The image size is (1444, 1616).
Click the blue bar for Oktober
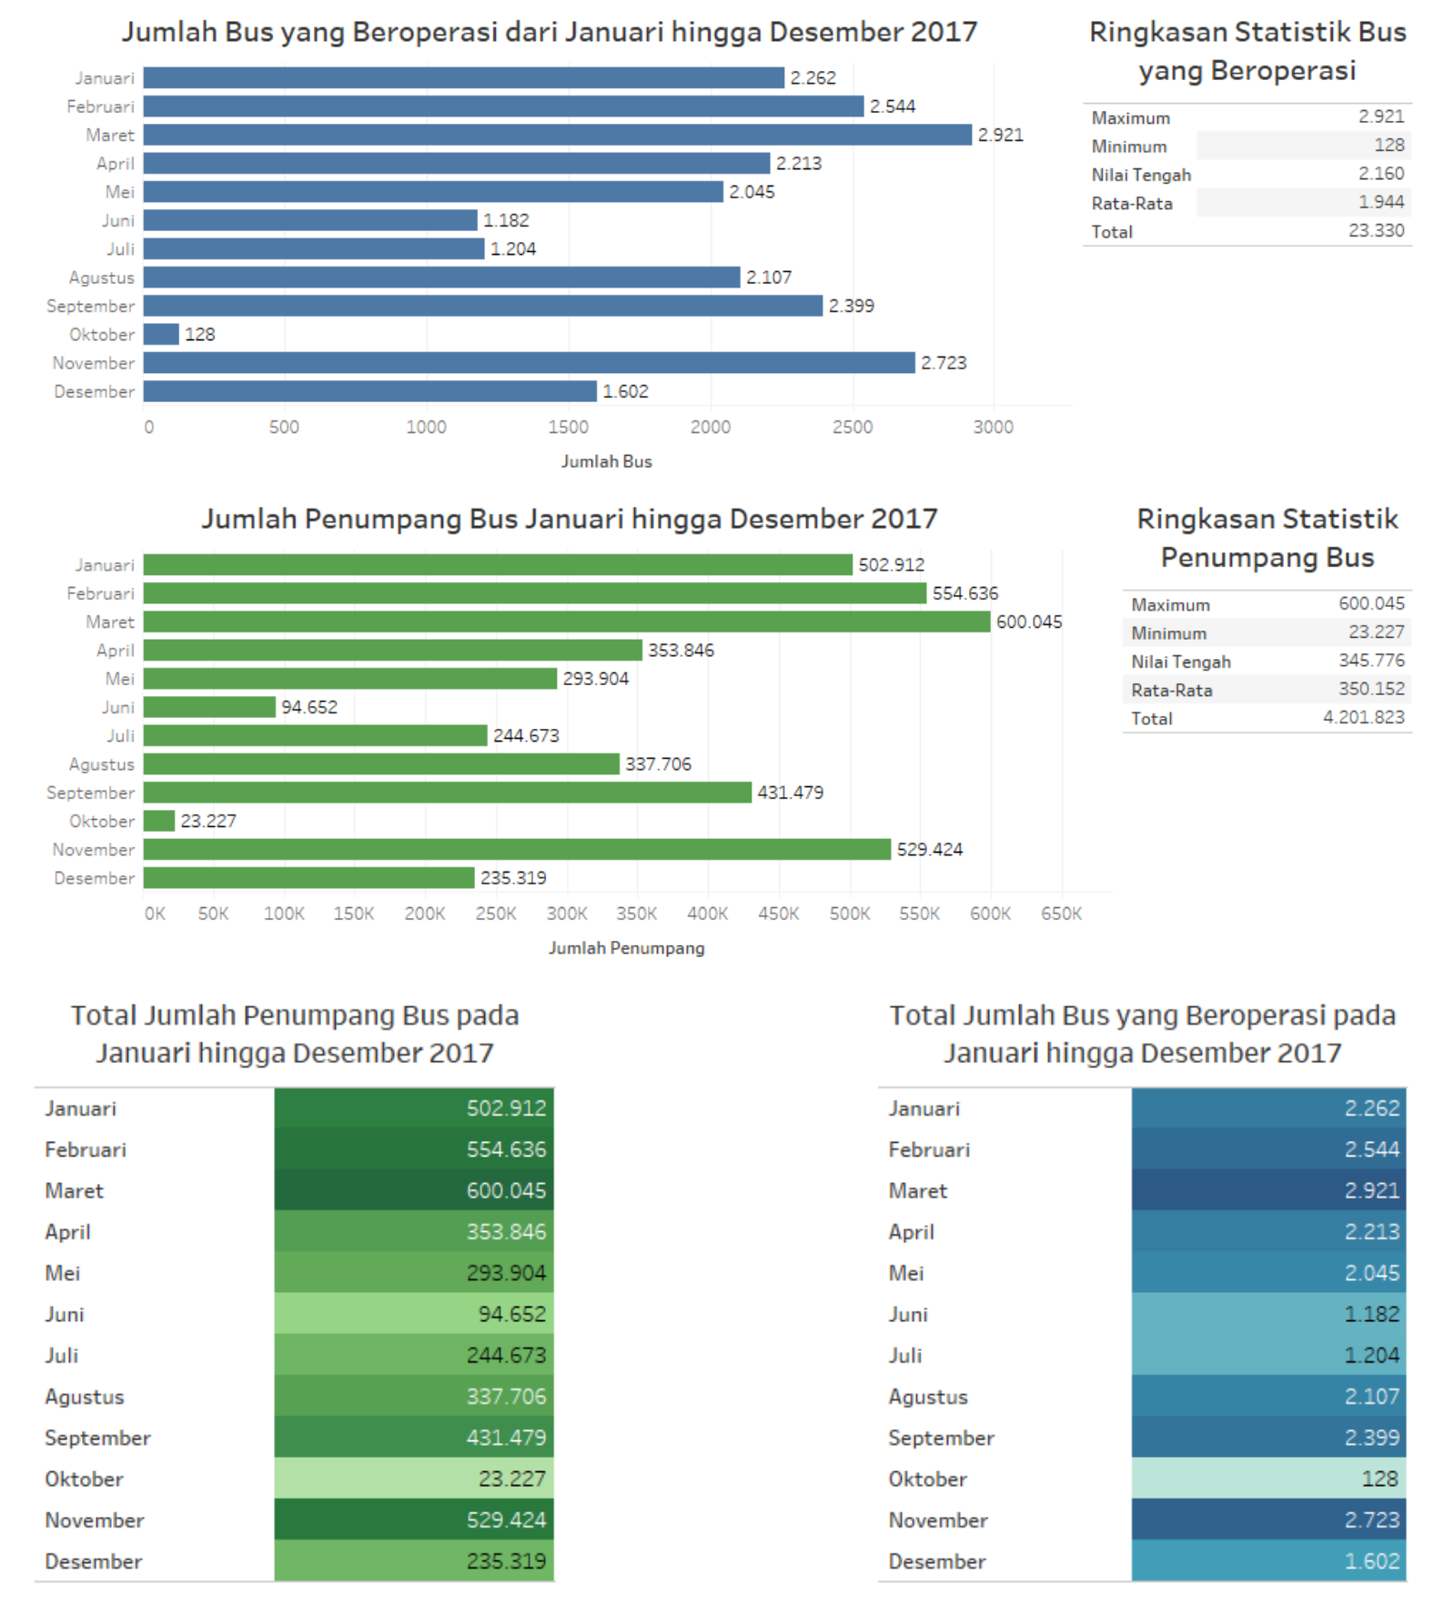pos(161,334)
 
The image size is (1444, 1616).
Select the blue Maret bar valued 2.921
pos(557,135)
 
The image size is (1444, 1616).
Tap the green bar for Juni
pos(209,707)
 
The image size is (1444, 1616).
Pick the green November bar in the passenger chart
pos(517,849)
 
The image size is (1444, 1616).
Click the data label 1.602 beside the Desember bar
pos(625,391)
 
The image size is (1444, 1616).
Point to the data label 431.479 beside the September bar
pos(790,793)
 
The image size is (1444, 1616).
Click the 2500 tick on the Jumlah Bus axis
pos(852,427)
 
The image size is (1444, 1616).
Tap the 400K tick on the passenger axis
pos(707,914)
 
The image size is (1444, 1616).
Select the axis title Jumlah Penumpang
pos(626,948)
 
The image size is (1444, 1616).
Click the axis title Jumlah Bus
pos(606,461)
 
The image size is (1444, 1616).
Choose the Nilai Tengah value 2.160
pos(1380,174)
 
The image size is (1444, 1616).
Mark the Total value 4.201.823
pos(1363,718)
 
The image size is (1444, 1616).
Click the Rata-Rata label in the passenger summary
pos(1171,690)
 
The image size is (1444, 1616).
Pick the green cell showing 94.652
pos(414,1314)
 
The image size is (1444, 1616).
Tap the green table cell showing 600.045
pos(414,1190)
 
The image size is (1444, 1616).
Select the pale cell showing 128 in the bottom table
pos(1268,1479)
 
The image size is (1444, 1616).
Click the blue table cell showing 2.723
pos(1268,1520)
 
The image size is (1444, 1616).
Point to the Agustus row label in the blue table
pos(927,1397)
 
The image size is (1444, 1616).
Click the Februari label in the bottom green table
pos(86,1149)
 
